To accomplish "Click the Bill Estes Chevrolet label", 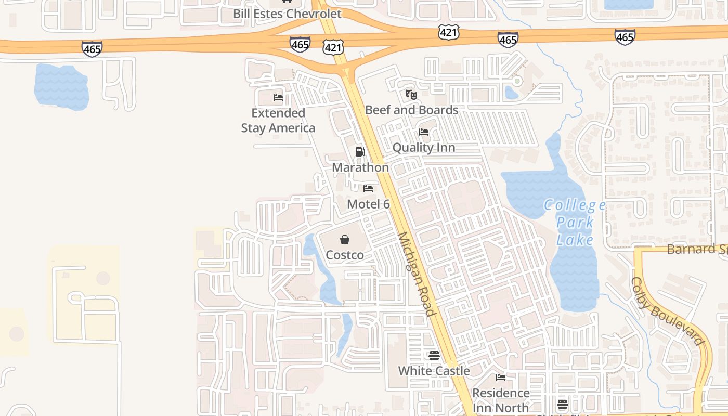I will [287, 14].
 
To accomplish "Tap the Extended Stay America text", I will [278, 121].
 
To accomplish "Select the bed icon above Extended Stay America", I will [278, 98].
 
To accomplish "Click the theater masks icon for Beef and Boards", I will [411, 95].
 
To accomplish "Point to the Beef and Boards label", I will [412, 110].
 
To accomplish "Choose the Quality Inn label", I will [424, 148].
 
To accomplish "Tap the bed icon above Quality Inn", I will [424, 132].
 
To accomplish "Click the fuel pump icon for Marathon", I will [360, 152].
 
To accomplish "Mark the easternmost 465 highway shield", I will [625, 37].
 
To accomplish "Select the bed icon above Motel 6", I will [368, 189].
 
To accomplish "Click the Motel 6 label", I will [368, 204].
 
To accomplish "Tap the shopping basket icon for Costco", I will [344, 240].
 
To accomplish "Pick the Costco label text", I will [345, 255].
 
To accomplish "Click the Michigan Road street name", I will [416, 274].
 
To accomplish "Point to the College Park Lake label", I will [575, 223].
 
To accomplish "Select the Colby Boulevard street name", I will [667, 311].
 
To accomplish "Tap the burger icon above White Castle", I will [434, 356].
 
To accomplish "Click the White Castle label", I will [434, 371].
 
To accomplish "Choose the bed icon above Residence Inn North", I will [501, 378].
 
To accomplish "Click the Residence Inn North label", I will [501, 400].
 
